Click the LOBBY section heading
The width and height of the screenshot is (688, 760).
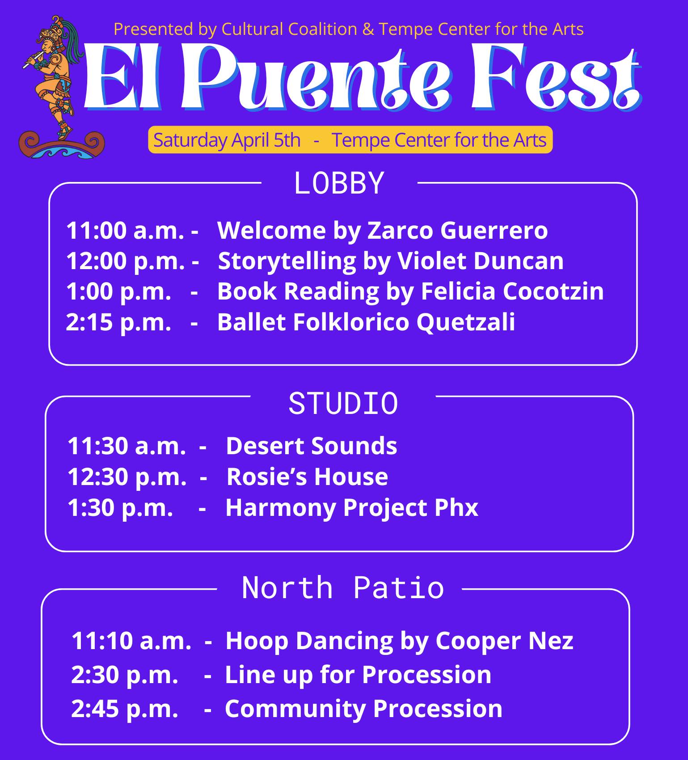(x=339, y=182)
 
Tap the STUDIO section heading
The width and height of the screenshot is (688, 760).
(x=343, y=403)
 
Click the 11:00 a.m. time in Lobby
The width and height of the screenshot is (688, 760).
(x=125, y=230)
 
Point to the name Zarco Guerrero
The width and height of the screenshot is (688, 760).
(x=457, y=230)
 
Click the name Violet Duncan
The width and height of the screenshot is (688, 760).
(x=481, y=261)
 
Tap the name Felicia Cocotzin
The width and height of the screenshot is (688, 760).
(x=512, y=291)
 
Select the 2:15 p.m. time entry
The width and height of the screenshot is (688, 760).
(x=118, y=322)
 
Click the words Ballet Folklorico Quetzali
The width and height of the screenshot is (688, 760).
(x=366, y=322)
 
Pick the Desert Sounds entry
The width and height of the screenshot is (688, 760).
(x=312, y=446)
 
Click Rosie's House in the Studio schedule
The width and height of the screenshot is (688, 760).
(x=307, y=477)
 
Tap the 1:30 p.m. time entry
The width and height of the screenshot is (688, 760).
(x=120, y=507)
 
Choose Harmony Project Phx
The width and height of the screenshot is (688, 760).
(x=352, y=508)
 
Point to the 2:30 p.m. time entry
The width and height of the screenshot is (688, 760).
(x=125, y=674)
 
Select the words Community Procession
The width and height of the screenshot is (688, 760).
(x=363, y=709)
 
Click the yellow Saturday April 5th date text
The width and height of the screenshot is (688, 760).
(x=227, y=140)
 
